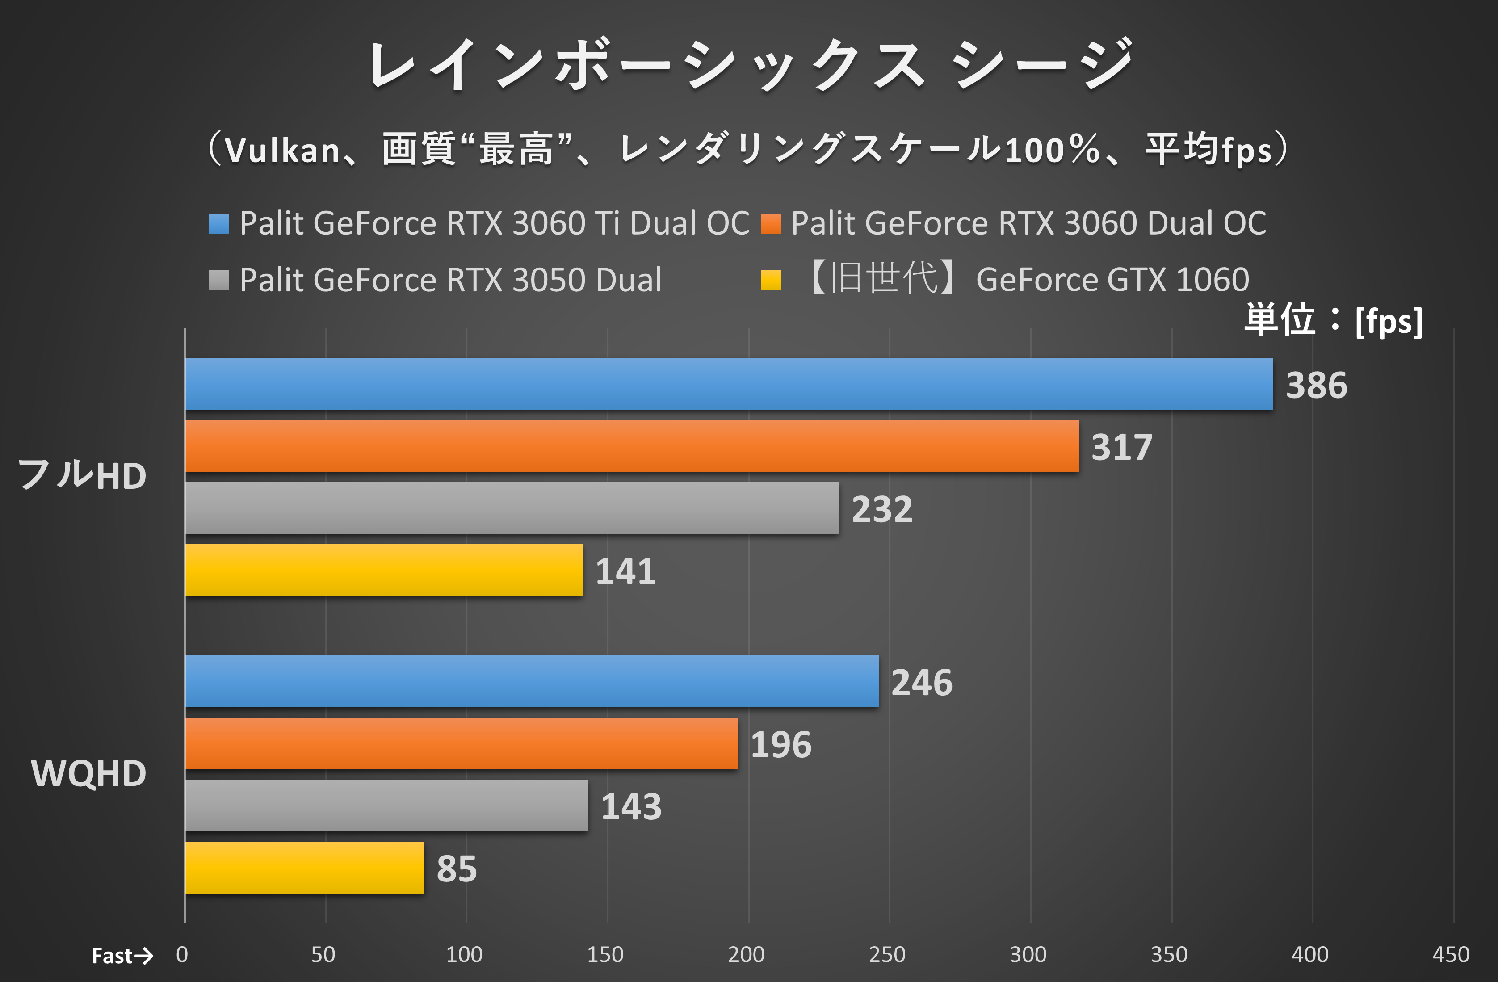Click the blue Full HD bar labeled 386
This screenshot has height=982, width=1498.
click(728, 384)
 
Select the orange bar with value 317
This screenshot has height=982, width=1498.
click(631, 446)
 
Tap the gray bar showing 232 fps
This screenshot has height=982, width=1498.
click(512, 508)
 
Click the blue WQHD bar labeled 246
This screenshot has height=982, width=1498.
click(531, 681)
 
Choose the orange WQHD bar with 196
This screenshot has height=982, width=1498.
click(461, 743)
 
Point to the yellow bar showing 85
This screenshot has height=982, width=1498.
click(304, 868)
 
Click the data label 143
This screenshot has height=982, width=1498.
click(631, 807)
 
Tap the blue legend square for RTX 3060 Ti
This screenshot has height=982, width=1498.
click(219, 223)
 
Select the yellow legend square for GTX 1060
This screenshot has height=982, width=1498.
click(770, 280)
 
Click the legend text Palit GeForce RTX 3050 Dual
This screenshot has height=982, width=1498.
click(450, 280)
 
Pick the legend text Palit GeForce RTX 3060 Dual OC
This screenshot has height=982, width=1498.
click(1028, 223)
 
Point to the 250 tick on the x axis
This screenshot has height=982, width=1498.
click(887, 955)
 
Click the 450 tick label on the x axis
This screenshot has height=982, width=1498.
click(1451, 955)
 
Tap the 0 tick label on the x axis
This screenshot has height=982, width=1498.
click(182, 955)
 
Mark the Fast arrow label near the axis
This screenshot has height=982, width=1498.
click(122, 956)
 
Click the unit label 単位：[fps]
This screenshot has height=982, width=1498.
click(1333, 320)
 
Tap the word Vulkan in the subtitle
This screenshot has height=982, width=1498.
click(283, 151)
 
